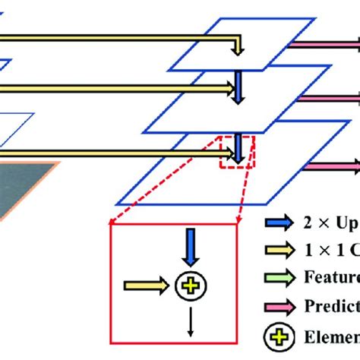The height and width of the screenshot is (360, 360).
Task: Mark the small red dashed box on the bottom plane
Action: tap(237, 150)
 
